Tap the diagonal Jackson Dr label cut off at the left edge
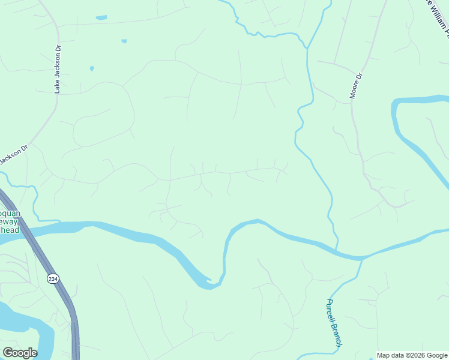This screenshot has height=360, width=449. point(13,155)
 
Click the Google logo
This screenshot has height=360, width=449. point(20,353)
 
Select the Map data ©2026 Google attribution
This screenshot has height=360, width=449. point(412,355)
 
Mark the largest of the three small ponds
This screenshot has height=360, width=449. point(101,18)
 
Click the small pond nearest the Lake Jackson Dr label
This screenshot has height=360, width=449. point(92,68)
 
